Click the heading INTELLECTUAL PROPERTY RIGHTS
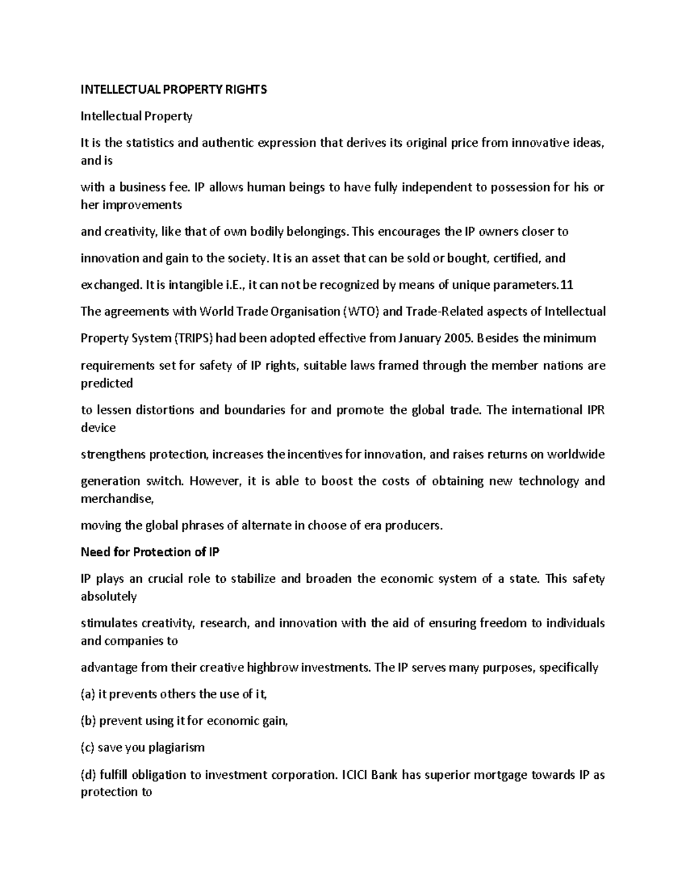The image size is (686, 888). pos(174,90)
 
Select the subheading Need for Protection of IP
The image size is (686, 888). pos(150,552)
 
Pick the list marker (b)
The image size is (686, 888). pos(89,720)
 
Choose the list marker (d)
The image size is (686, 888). pos(89,775)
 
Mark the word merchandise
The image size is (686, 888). pos(117,499)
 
